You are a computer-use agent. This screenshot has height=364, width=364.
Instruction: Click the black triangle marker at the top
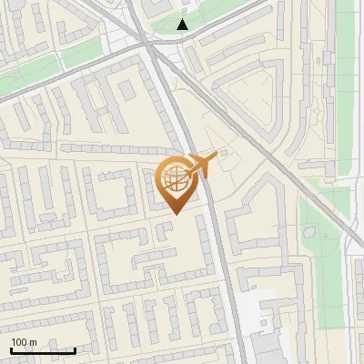click(183, 25)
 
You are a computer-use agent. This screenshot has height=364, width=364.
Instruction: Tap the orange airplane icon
click(201, 165)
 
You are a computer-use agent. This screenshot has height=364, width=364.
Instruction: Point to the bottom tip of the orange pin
click(175, 214)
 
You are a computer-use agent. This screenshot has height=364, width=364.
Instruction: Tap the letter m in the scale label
click(33, 342)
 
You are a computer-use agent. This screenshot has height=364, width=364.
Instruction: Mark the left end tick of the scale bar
click(11, 350)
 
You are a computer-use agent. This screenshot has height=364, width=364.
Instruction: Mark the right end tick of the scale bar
click(75, 350)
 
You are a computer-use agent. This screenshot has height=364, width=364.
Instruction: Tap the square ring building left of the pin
click(114, 195)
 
